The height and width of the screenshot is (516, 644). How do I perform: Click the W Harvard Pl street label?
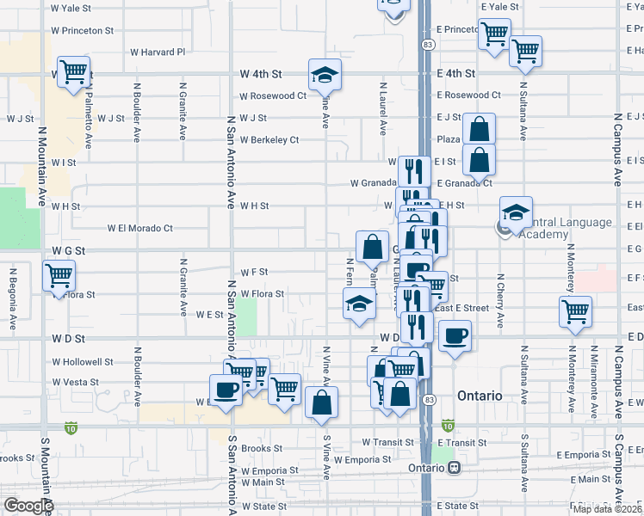coord(158,52)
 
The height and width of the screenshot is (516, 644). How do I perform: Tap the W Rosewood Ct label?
coord(273,95)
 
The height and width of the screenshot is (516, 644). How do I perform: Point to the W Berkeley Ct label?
coord(269,139)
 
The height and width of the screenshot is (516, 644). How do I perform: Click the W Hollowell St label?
coord(83,362)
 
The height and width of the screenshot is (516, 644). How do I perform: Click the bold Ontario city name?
coord(480,396)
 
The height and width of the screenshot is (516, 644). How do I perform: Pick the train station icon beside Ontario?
coord(454,468)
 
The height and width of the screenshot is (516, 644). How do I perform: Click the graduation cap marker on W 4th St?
coord(325,75)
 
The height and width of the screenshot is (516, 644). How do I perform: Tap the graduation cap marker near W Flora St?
coord(359,304)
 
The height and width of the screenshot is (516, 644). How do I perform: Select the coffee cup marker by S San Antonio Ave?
coord(226,390)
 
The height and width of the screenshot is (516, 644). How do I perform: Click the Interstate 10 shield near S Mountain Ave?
coord(70,427)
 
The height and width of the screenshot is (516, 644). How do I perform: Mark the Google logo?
coord(28,507)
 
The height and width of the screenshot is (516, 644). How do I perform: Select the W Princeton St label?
coord(83,30)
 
